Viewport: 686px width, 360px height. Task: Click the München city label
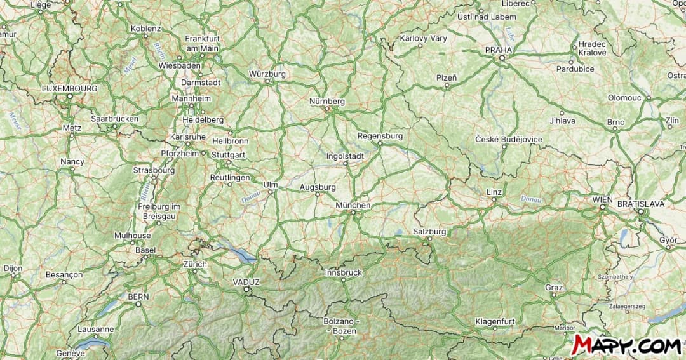[x=353, y=206]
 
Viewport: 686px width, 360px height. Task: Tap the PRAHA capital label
[x=498, y=50]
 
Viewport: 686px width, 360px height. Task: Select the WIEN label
[x=602, y=199]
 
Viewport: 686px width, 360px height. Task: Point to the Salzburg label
[x=429, y=231]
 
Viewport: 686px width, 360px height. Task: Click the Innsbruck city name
[x=343, y=272]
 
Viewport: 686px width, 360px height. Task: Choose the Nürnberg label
[x=327, y=101]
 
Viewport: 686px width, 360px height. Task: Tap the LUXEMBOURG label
[x=70, y=88]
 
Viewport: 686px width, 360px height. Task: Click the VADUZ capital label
[x=246, y=282]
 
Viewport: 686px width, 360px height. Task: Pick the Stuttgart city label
[x=228, y=154]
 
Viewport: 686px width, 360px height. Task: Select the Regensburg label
[x=380, y=136]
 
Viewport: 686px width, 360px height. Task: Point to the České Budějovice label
[x=509, y=139]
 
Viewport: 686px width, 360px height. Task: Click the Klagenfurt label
[x=495, y=321]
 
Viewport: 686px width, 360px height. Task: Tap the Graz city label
[x=554, y=288]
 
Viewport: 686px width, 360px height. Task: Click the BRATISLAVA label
[x=641, y=204]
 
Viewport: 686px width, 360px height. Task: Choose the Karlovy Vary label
[x=423, y=38]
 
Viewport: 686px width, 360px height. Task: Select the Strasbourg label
[x=154, y=170]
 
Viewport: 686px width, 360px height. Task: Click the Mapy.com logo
[x=626, y=344]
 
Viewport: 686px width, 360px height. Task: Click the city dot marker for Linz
[x=494, y=200]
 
